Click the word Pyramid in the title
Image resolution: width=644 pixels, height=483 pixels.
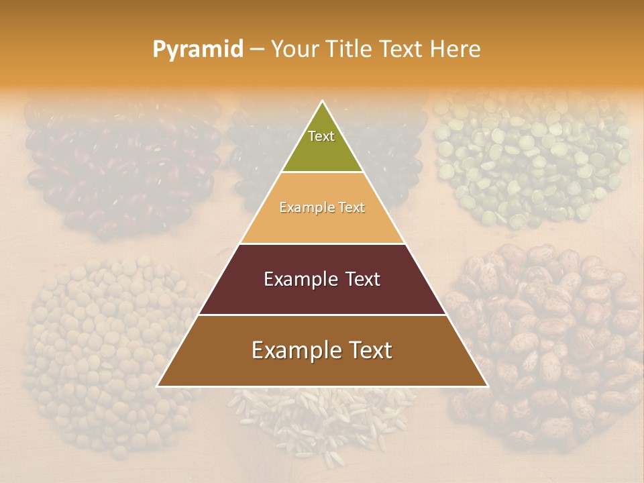tap(197, 50)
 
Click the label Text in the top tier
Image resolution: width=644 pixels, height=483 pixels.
tap(321, 136)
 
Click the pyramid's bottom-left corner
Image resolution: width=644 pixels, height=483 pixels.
tap(158, 386)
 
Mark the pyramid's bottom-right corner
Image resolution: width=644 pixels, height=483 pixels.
tap(487, 386)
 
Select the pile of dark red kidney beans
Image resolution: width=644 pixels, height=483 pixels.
tap(121, 168)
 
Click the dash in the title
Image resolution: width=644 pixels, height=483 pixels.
tap(257, 50)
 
